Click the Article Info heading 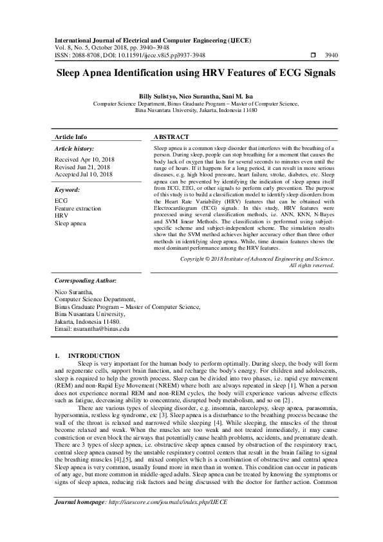pos(71,137)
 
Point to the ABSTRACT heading pos(171,137)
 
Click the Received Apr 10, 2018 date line pos(84,158)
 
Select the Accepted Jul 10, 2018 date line pos(84,174)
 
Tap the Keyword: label pos(68,191)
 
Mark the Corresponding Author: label pos(86,281)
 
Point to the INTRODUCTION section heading pos(94,355)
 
